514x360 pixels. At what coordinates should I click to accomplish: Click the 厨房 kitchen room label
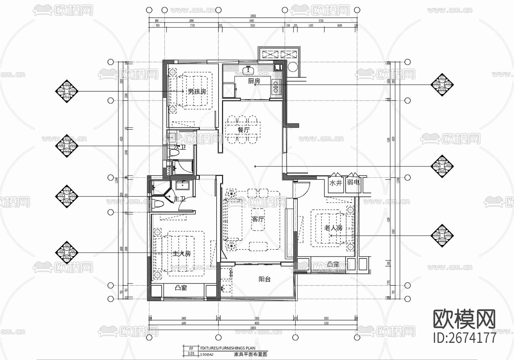coord(254,81)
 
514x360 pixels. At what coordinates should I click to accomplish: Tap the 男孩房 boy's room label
coord(197,92)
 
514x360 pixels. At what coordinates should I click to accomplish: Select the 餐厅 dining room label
coord(243,130)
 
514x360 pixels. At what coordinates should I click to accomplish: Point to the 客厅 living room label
coord(258,219)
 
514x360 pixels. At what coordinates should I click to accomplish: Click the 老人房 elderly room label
coord(333,228)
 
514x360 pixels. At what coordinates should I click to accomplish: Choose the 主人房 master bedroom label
coord(181,254)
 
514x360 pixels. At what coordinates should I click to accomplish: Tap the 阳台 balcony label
coord(264,279)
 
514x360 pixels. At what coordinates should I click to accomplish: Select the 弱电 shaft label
coord(353,182)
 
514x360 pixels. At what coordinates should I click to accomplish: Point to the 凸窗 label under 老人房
coord(333,265)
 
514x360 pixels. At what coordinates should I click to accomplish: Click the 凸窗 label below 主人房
coord(181,288)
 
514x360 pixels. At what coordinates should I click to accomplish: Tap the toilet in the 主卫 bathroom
coord(158,204)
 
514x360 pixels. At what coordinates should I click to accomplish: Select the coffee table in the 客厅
coord(258,219)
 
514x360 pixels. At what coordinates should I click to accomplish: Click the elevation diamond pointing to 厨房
coord(442,85)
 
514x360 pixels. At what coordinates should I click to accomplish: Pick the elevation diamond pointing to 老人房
coord(442,235)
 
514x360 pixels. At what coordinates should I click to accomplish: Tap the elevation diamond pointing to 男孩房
coord(67,91)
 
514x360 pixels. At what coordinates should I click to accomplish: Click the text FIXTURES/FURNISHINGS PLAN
coord(228,348)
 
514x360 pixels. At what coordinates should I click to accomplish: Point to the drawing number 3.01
coord(191,353)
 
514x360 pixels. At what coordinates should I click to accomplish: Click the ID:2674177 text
coord(465,337)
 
